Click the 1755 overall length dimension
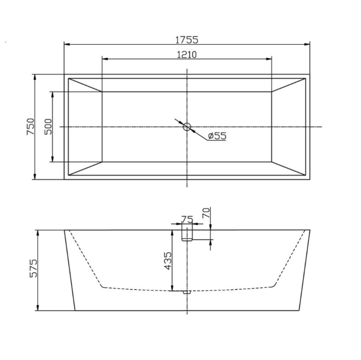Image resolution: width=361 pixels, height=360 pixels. (187, 40)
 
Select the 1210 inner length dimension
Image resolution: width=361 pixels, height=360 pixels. (187, 55)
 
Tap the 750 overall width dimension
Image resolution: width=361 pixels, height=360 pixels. (31, 126)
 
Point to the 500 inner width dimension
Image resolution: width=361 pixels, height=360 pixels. (48, 126)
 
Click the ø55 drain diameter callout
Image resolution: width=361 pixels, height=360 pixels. (217, 136)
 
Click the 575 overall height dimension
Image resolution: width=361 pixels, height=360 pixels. (33, 268)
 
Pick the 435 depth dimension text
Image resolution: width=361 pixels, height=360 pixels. (168, 261)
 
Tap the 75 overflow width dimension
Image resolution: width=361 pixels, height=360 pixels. (187, 219)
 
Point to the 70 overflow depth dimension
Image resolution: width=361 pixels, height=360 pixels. (206, 213)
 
